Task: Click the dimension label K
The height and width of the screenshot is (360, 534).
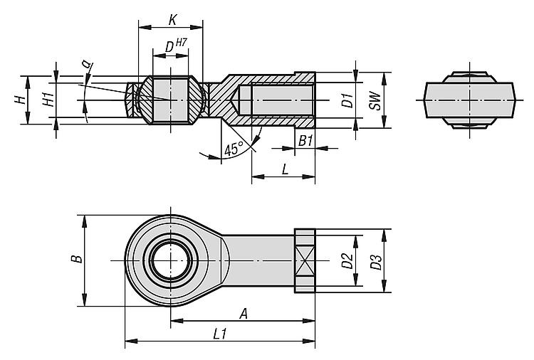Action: point(172,18)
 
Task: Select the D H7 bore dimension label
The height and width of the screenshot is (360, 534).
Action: point(172,47)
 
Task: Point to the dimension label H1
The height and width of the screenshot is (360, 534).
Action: point(47,100)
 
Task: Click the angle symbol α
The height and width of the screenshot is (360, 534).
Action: point(87,65)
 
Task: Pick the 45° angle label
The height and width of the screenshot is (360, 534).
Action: point(234,149)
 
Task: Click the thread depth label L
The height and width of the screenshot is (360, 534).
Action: point(285,170)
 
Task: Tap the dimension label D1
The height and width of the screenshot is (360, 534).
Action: point(347,100)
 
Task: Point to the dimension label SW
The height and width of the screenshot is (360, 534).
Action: point(375,100)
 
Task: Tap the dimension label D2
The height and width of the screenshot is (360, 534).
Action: point(347,261)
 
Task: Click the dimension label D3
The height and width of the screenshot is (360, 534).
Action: point(375,261)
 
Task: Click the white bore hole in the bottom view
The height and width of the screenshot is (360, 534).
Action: point(172,261)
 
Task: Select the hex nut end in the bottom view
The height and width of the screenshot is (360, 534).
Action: point(304,261)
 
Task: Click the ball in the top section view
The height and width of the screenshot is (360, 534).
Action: point(171,100)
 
